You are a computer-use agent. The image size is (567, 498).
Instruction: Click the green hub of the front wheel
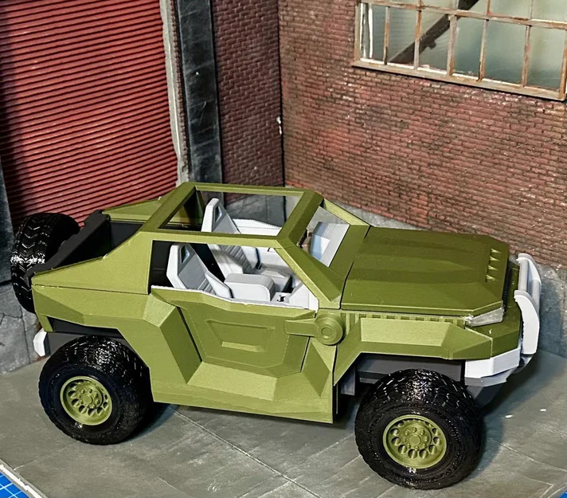(x=414, y=440)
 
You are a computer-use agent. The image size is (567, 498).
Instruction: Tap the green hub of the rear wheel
(x=86, y=399)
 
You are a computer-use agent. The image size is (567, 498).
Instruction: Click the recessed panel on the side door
(x=239, y=335)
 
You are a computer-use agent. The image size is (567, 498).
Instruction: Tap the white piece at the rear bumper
(x=40, y=343)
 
